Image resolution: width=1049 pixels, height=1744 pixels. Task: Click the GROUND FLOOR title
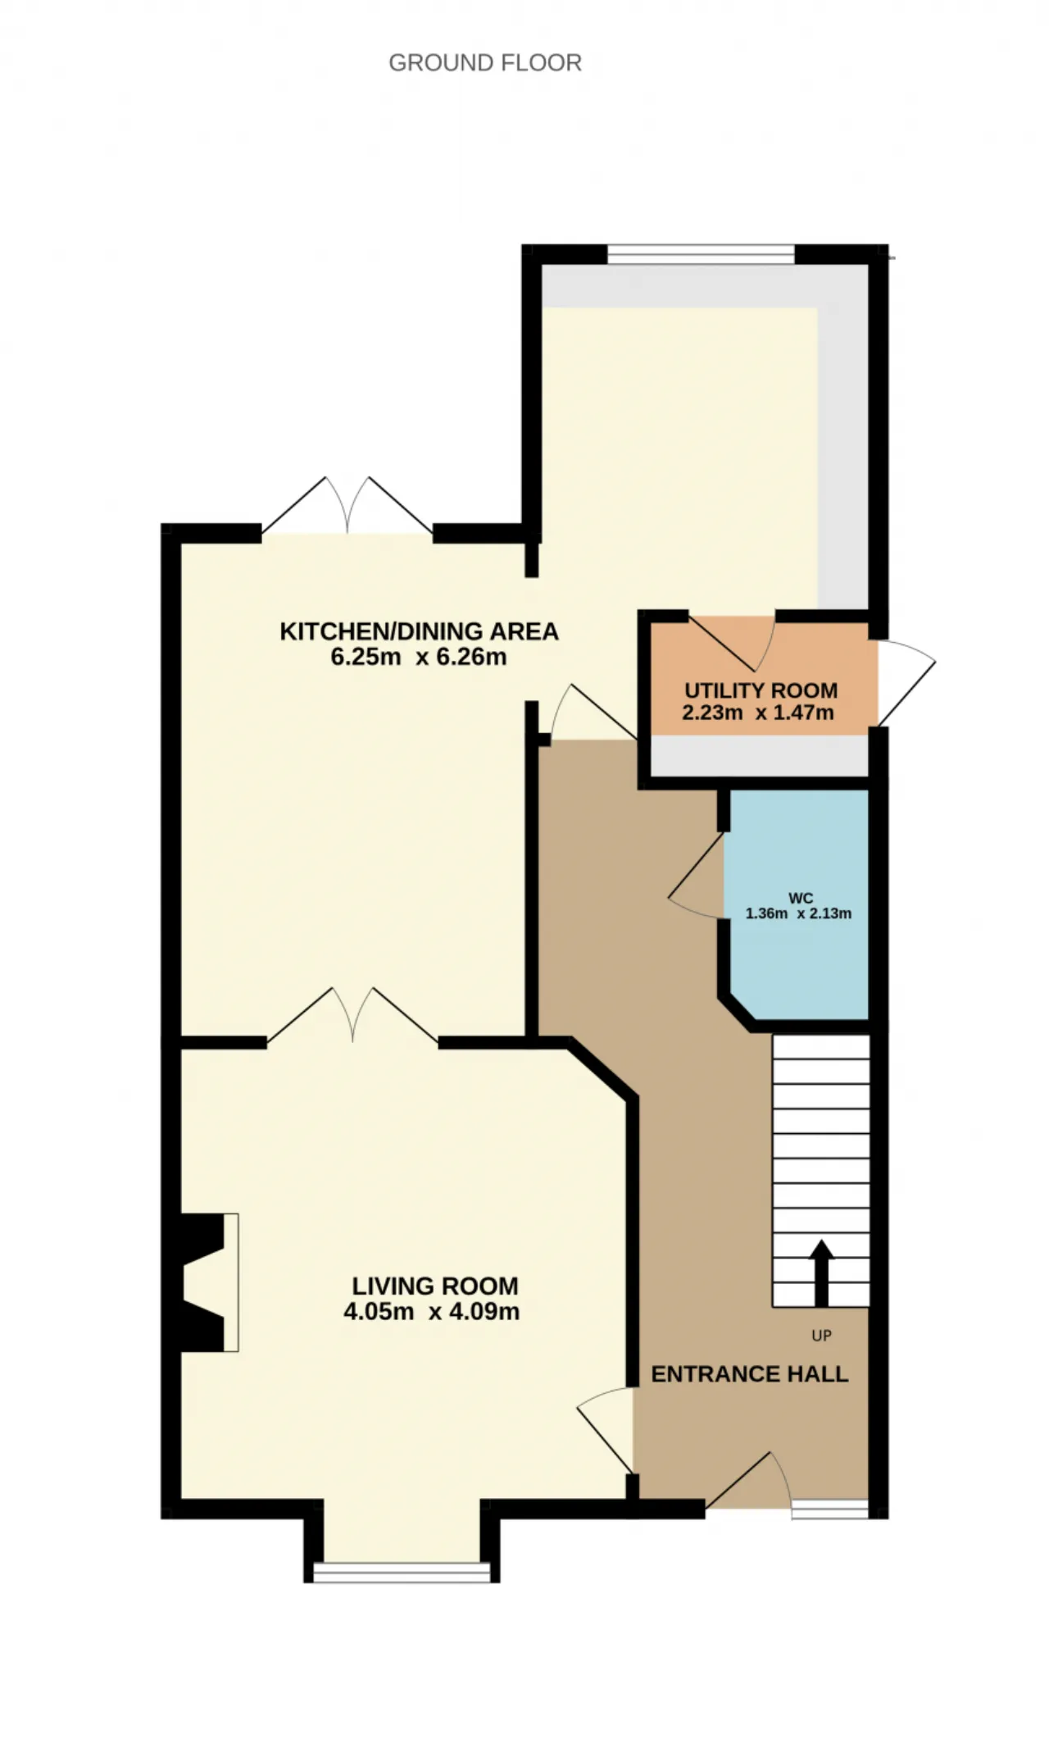(x=485, y=63)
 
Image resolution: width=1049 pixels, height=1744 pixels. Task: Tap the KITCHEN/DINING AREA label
(x=419, y=631)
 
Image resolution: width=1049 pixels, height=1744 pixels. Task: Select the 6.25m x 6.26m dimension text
(x=419, y=657)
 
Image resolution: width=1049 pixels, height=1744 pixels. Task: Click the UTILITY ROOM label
(x=761, y=690)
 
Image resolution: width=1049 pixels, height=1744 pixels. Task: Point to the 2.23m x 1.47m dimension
(x=758, y=713)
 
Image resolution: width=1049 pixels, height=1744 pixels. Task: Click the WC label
(x=801, y=898)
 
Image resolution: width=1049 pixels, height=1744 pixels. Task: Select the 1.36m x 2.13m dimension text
(x=798, y=913)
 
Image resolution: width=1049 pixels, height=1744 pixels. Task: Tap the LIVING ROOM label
(x=435, y=1286)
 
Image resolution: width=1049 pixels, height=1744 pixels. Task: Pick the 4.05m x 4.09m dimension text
(x=432, y=1311)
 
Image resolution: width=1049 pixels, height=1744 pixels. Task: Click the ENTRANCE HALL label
(x=750, y=1374)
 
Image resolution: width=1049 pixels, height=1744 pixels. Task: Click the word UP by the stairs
(x=821, y=1336)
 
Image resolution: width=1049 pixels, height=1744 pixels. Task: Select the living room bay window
(x=402, y=1571)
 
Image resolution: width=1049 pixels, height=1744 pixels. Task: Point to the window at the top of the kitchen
(x=701, y=255)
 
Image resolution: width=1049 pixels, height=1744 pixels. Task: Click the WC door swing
(x=697, y=876)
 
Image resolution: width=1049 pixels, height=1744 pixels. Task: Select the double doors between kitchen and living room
(x=353, y=1016)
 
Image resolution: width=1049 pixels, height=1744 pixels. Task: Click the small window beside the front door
(x=830, y=1509)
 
